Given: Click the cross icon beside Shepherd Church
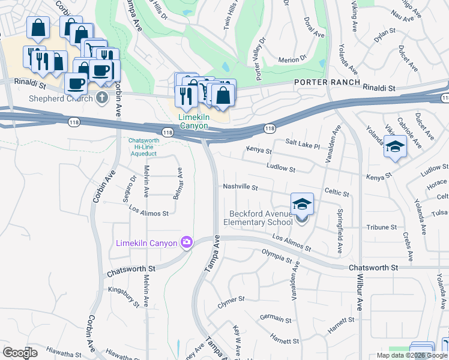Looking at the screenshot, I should click(102, 98).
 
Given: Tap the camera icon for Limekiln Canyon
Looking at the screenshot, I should click(187, 242).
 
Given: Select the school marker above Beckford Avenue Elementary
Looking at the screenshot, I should click(302, 204).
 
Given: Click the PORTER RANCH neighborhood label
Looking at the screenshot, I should click(327, 82).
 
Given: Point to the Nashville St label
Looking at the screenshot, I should click(240, 188).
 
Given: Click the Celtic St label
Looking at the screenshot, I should click(336, 193).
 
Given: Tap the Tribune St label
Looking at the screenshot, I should click(382, 227).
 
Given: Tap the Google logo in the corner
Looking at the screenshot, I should click(20, 353).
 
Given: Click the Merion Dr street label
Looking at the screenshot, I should click(292, 60).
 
